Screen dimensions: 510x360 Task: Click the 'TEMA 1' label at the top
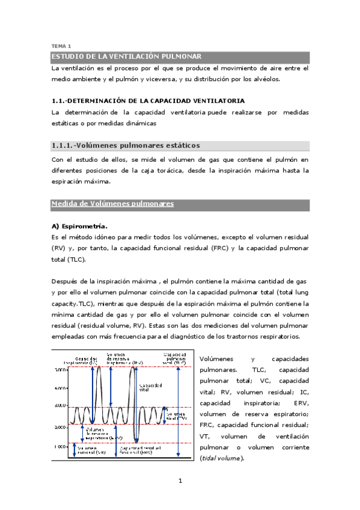coord(61,46)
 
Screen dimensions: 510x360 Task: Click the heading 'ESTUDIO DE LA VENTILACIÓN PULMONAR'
coord(126,57)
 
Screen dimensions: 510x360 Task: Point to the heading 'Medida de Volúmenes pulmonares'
coord(113,204)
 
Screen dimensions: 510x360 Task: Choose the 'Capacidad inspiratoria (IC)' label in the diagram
coord(84,360)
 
